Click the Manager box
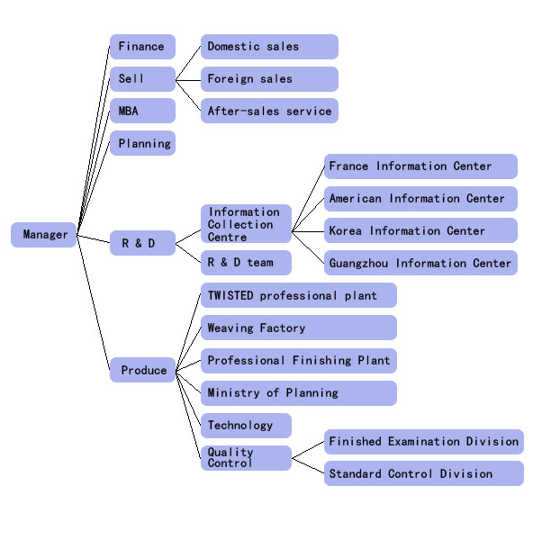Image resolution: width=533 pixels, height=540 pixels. (x=43, y=235)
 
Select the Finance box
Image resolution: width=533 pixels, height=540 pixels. (x=142, y=47)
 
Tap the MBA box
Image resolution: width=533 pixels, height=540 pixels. (x=142, y=111)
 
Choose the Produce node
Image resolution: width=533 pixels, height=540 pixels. (x=142, y=370)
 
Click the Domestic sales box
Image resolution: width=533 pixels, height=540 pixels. (x=269, y=47)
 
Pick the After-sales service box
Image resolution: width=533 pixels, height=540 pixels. (x=269, y=111)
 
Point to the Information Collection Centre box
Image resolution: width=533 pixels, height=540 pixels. (x=246, y=224)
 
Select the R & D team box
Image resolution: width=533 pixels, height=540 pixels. (x=246, y=263)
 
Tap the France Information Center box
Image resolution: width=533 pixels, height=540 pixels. (x=420, y=166)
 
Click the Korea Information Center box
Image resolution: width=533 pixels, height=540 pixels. (x=420, y=230)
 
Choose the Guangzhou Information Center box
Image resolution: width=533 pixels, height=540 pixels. (x=420, y=263)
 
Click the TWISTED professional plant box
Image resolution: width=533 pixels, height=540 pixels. (x=299, y=295)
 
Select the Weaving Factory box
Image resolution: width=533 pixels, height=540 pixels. (x=299, y=328)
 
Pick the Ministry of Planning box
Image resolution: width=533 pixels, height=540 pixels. (x=299, y=393)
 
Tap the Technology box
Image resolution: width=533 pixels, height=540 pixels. (x=246, y=426)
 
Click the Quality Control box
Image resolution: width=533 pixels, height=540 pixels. (x=246, y=458)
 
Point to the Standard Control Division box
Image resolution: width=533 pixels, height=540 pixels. (x=424, y=473)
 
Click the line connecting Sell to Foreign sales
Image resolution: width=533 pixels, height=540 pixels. (x=188, y=81)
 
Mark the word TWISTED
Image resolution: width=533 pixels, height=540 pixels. (x=230, y=295)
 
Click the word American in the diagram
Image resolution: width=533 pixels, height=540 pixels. (x=356, y=198)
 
